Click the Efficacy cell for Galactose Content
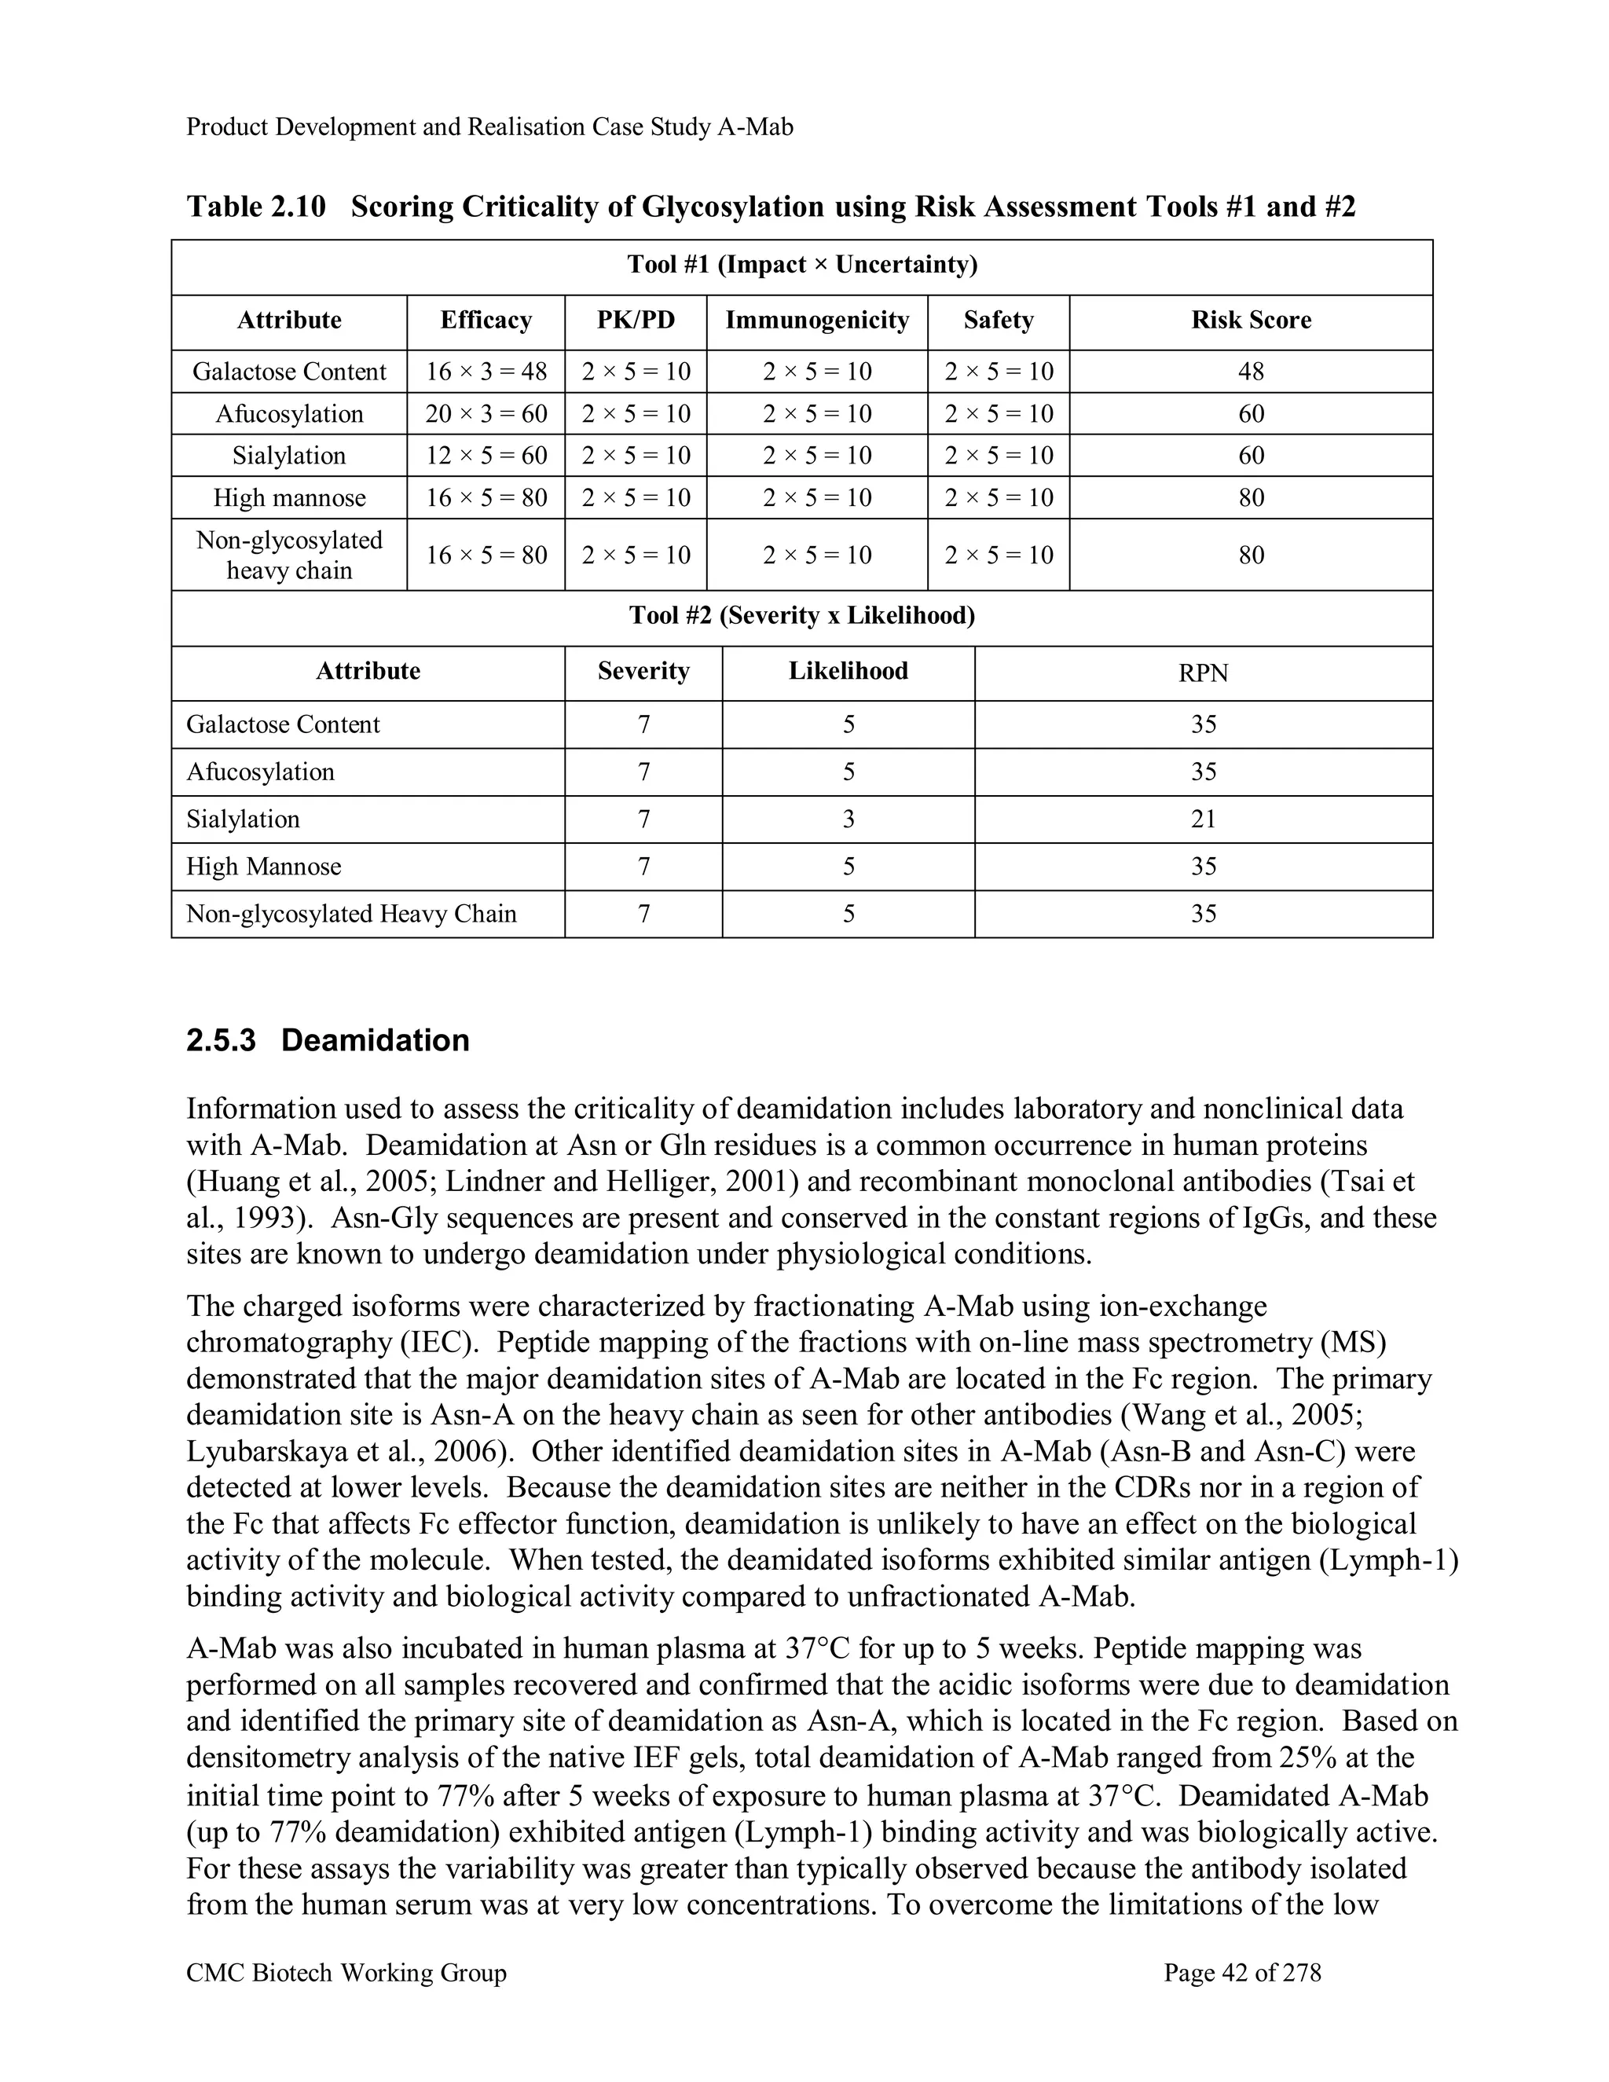pos(486,372)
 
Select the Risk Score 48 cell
pos(1251,372)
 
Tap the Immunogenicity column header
pos(817,321)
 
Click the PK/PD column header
pos(636,321)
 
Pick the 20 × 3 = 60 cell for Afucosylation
pos(486,414)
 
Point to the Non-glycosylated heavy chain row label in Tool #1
pos(289,555)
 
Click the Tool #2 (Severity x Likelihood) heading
pos(801,616)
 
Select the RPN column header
pos(1203,673)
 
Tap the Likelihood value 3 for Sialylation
pos(848,819)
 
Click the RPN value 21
pos(1203,819)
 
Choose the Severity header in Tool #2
pos(643,671)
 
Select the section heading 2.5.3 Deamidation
pos(328,1040)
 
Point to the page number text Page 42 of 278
pos(1242,1972)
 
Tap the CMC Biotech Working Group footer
pos(346,1972)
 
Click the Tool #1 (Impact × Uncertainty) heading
pos(801,265)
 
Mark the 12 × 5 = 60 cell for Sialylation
pos(486,456)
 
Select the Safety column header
pos(998,321)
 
